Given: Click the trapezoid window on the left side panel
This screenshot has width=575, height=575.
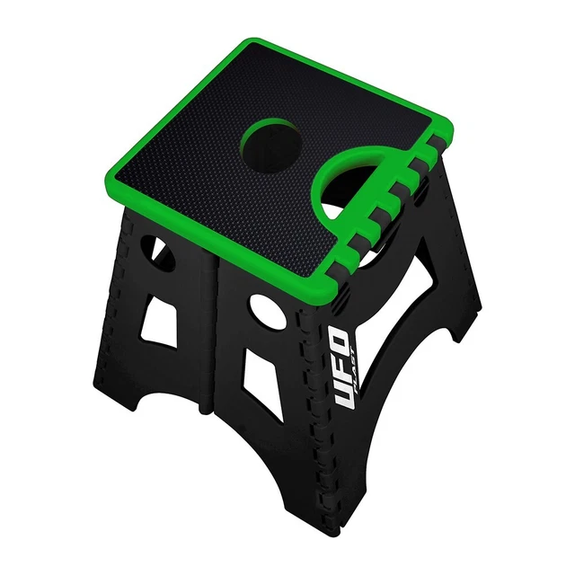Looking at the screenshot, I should tap(162, 315).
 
